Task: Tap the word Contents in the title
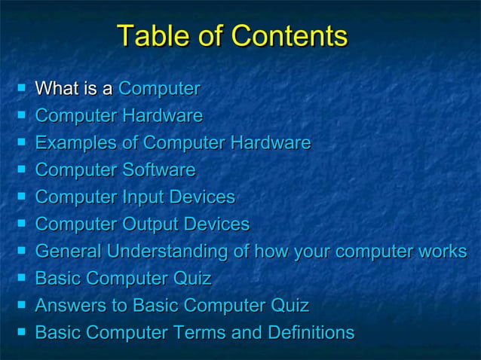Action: (290, 37)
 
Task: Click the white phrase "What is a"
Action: (74, 90)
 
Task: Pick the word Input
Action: (144, 198)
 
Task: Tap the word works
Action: (440, 252)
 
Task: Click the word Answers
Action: (72, 306)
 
